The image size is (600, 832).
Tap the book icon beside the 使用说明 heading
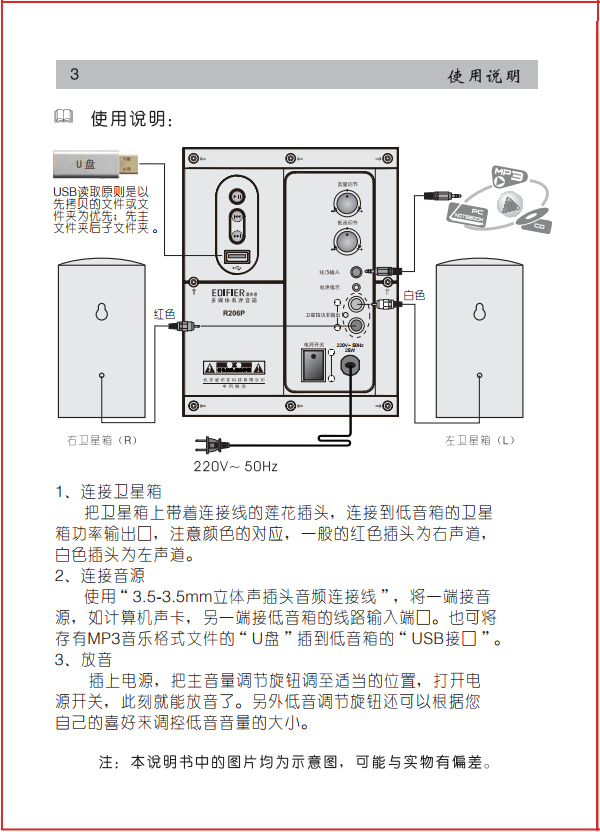tap(64, 118)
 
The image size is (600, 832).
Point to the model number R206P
tap(236, 311)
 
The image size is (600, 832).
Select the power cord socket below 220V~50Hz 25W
tap(351, 367)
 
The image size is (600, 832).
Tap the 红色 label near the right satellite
tap(165, 313)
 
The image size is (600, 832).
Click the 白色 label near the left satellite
tap(414, 295)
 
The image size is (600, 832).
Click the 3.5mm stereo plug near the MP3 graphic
tap(440, 200)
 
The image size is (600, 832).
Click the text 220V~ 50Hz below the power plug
tap(236, 466)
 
